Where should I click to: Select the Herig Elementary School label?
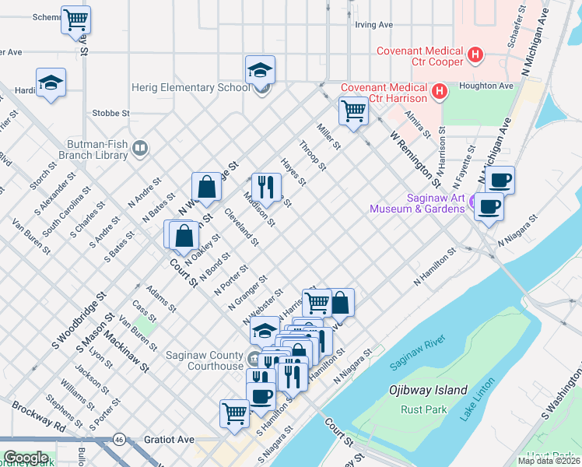pyautogui.click(x=190, y=87)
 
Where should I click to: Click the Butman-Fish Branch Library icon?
pyautogui.click(x=140, y=147)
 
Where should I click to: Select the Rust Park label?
pyautogui.click(x=421, y=409)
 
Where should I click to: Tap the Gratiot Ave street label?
pyautogui.click(x=169, y=440)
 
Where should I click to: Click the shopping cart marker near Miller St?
pyautogui.click(x=353, y=111)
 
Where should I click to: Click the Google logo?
pyautogui.click(x=26, y=458)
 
